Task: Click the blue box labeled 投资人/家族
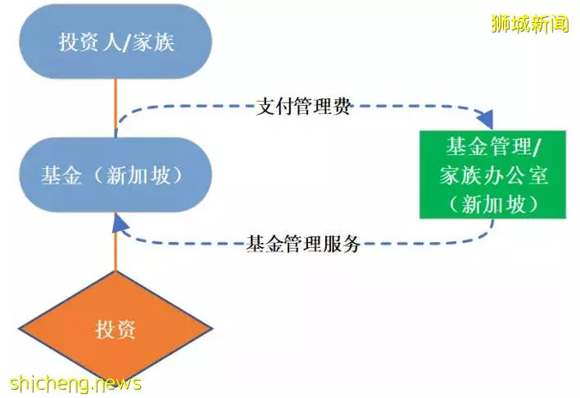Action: click(116, 42)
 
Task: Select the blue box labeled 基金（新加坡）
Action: click(116, 175)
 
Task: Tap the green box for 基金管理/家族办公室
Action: click(492, 175)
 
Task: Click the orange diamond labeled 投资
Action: click(116, 329)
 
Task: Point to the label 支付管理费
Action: click(303, 108)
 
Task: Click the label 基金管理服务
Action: click(303, 244)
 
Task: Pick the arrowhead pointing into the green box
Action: click(485, 120)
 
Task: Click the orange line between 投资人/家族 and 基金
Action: click(116, 108)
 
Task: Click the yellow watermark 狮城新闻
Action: click(530, 24)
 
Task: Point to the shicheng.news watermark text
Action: click(75, 383)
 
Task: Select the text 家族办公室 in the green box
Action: click(493, 175)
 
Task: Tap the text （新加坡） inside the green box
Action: click(493, 204)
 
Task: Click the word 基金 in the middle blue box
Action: click(61, 175)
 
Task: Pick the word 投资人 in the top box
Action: click(90, 42)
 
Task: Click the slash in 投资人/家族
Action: click(127, 42)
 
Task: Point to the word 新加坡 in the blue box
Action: click(138, 175)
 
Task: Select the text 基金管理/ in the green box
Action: click(493, 146)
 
